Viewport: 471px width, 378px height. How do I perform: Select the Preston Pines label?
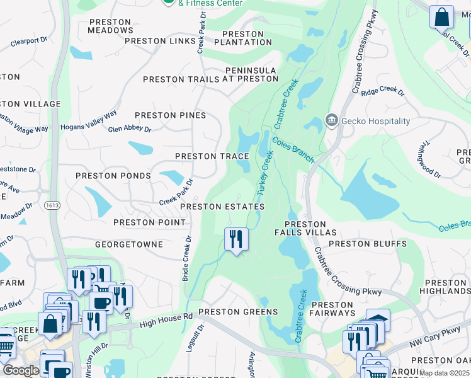[x=170, y=115]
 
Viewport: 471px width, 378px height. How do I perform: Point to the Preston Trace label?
[x=212, y=156]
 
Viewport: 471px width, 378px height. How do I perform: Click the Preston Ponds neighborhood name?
[x=113, y=176]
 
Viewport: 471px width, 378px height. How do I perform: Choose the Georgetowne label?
[x=129, y=244]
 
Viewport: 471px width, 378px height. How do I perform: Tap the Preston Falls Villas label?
[x=305, y=228]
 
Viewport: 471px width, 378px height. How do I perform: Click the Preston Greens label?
[x=238, y=312]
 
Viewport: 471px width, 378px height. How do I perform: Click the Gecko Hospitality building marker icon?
[x=331, y=120]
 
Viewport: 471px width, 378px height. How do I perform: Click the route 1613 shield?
[x=53, y=205]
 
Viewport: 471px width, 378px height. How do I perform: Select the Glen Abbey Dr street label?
[x=130, y=129]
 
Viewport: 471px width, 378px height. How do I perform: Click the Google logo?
[x=21, y=370]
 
